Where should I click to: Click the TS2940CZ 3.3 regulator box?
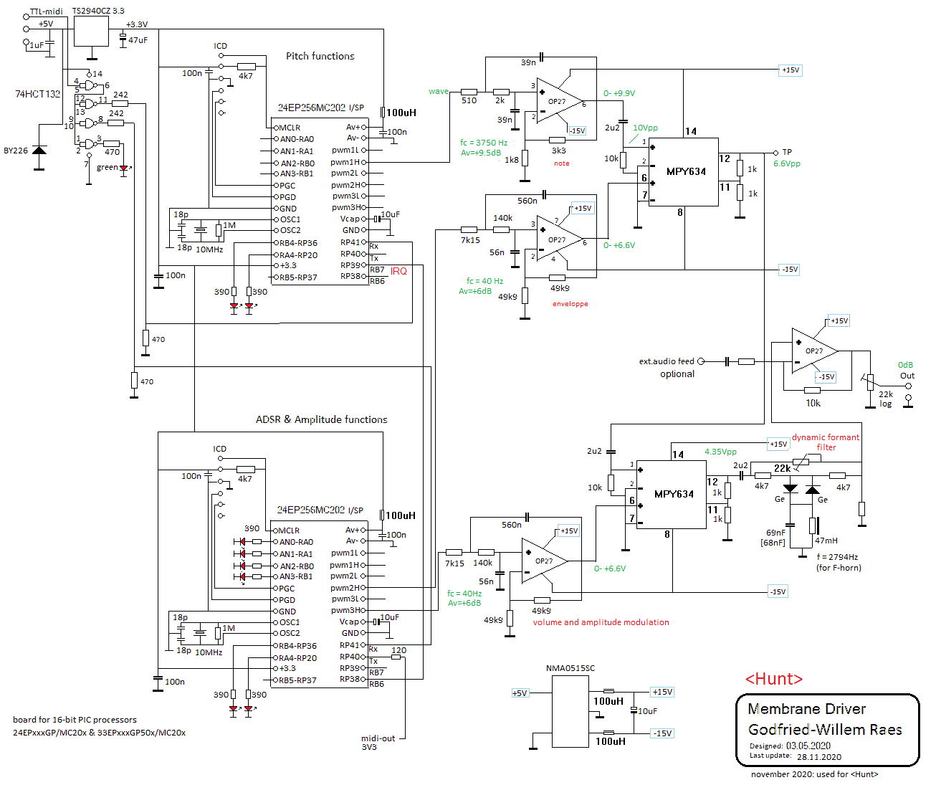click(91, 31)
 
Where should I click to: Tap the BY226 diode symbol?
click(39, 150)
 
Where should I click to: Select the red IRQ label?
click(398, 271)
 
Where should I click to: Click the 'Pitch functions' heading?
click(320, 56)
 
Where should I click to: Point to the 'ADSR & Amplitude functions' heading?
click(321, 419)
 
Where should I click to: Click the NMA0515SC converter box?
click(570, 711)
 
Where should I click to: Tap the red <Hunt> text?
click(774, 679)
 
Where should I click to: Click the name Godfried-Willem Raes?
click(825, 729)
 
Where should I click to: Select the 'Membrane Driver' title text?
click(806, 709)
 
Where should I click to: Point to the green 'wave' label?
click(439, 91)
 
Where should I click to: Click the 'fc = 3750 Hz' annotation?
click(484, 143)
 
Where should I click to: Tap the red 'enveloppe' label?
click(570, 303)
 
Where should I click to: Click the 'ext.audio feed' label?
click(666, 361)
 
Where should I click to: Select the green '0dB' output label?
click(905, 365)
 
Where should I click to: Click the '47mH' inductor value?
click(826, 541)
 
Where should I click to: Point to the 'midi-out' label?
click(378, 738)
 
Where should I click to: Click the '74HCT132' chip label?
click(38, 94)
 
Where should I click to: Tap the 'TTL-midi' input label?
click(46, 11)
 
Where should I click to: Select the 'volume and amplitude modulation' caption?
click(601, 622)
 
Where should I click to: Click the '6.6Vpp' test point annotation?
click(787, 163)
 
